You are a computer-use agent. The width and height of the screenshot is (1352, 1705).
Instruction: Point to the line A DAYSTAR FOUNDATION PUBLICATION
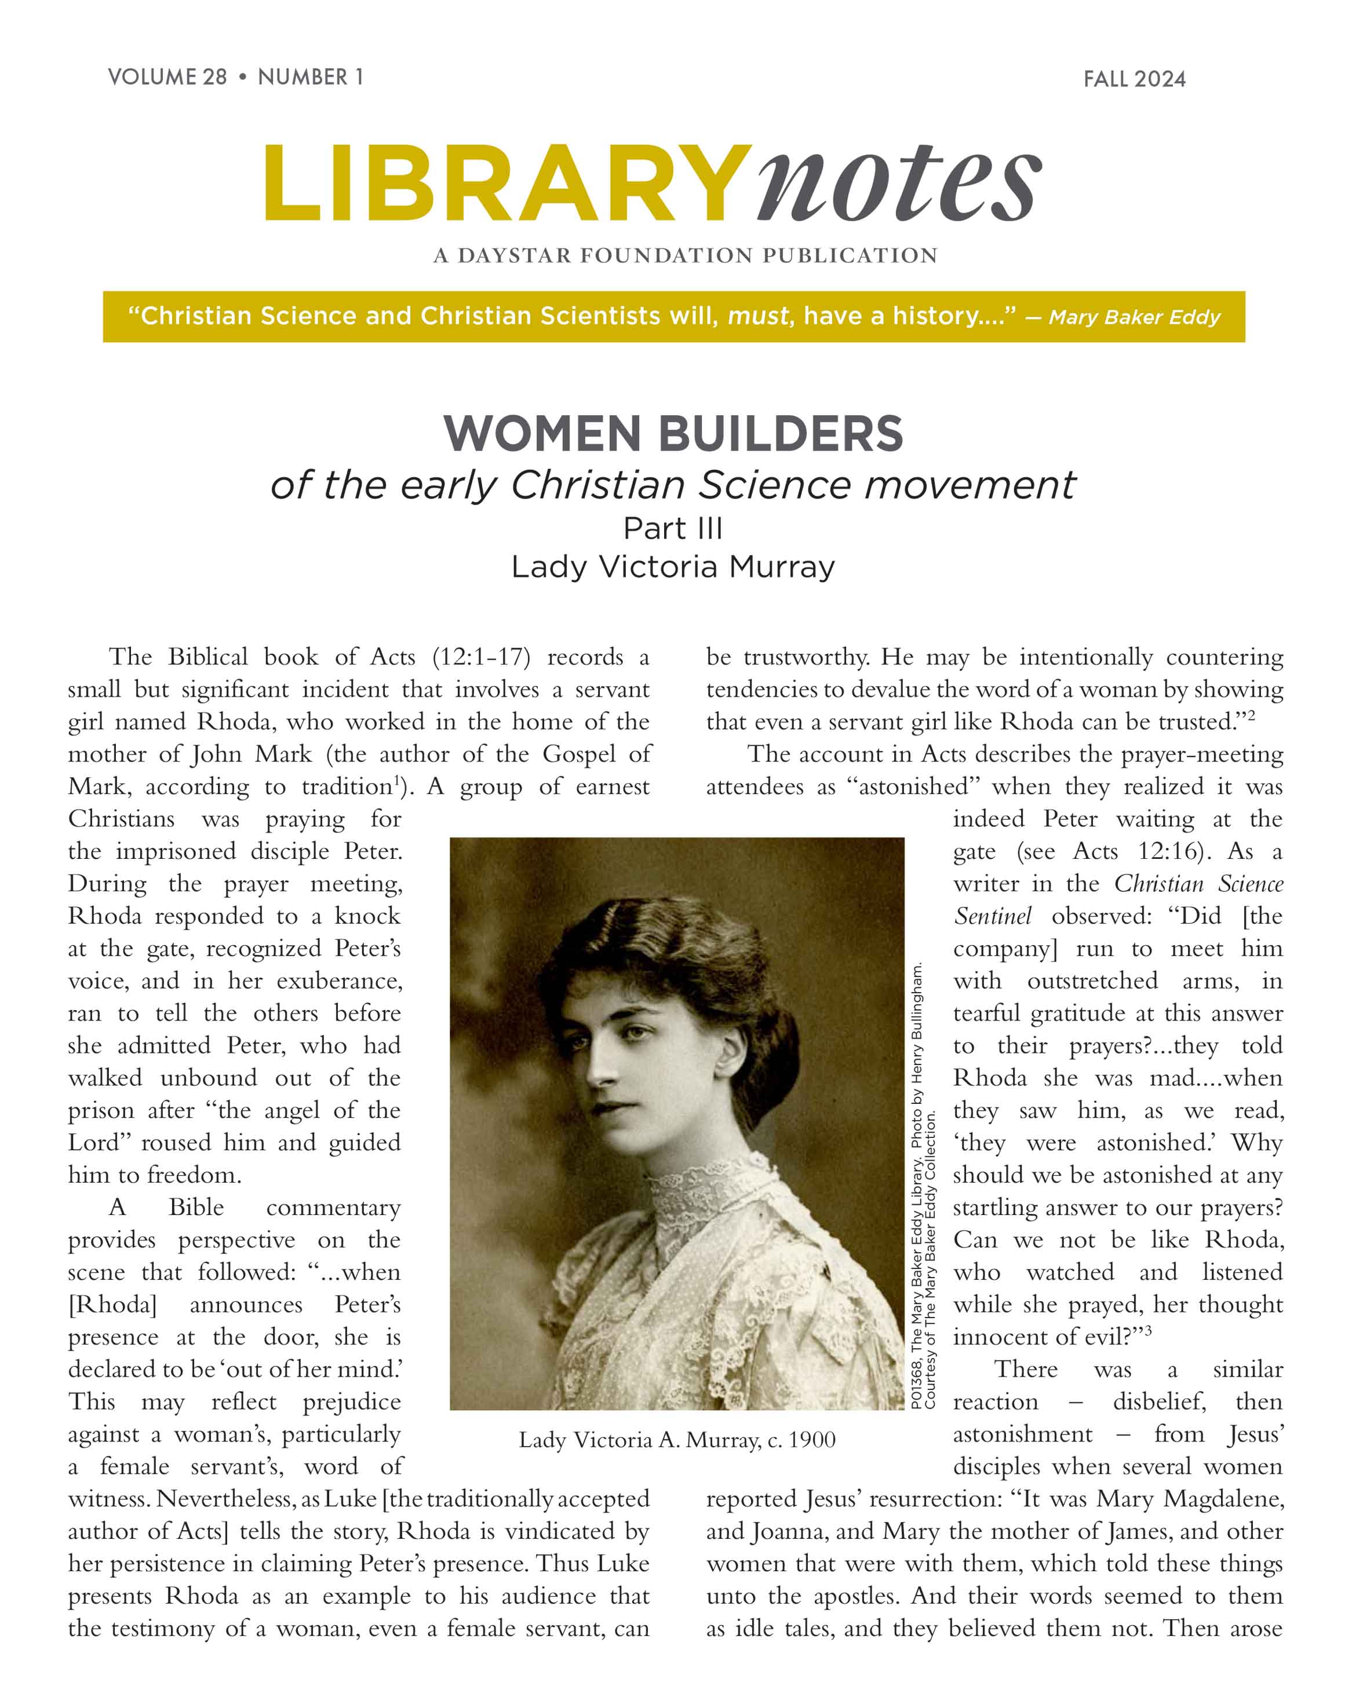click(685, 255)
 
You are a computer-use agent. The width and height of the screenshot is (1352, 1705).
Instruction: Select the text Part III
click(673, 528)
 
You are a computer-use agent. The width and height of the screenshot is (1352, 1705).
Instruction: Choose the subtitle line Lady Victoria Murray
click(673, 566)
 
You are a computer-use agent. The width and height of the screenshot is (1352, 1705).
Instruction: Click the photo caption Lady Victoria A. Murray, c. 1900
click(677, 1439)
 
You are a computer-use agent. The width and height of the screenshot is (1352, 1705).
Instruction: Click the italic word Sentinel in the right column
click(992, 916)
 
